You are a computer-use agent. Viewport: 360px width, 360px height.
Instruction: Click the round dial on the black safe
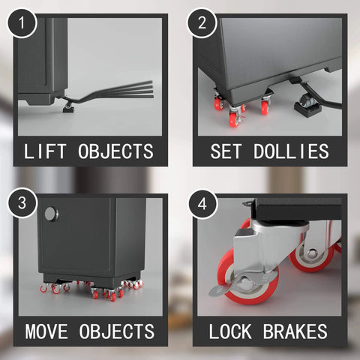tap(49, 214)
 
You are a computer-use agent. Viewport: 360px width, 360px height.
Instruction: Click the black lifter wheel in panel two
tap(307, 100)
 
